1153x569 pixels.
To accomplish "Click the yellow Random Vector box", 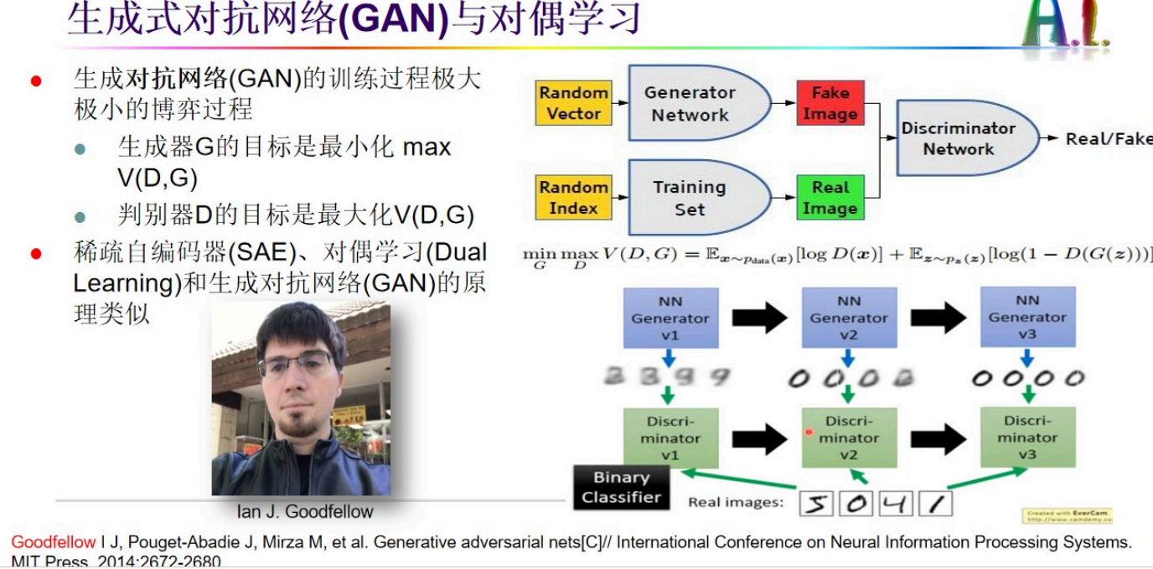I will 573,104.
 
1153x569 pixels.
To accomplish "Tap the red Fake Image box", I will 830,104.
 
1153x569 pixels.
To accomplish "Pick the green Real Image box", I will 830,198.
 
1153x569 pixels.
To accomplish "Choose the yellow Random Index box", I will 573,198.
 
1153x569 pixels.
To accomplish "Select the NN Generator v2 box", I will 849,318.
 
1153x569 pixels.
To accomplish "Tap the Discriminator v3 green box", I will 1027,437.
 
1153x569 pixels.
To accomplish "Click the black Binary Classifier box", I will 621,487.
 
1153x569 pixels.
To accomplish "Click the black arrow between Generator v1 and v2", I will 759,318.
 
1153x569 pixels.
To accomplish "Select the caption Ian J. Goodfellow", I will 304,511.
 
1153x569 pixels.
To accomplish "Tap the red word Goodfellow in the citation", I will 54,542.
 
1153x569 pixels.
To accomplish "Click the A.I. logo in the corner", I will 1065,25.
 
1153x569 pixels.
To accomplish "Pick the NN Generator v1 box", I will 670,318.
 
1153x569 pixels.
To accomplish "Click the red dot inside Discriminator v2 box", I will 809,432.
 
